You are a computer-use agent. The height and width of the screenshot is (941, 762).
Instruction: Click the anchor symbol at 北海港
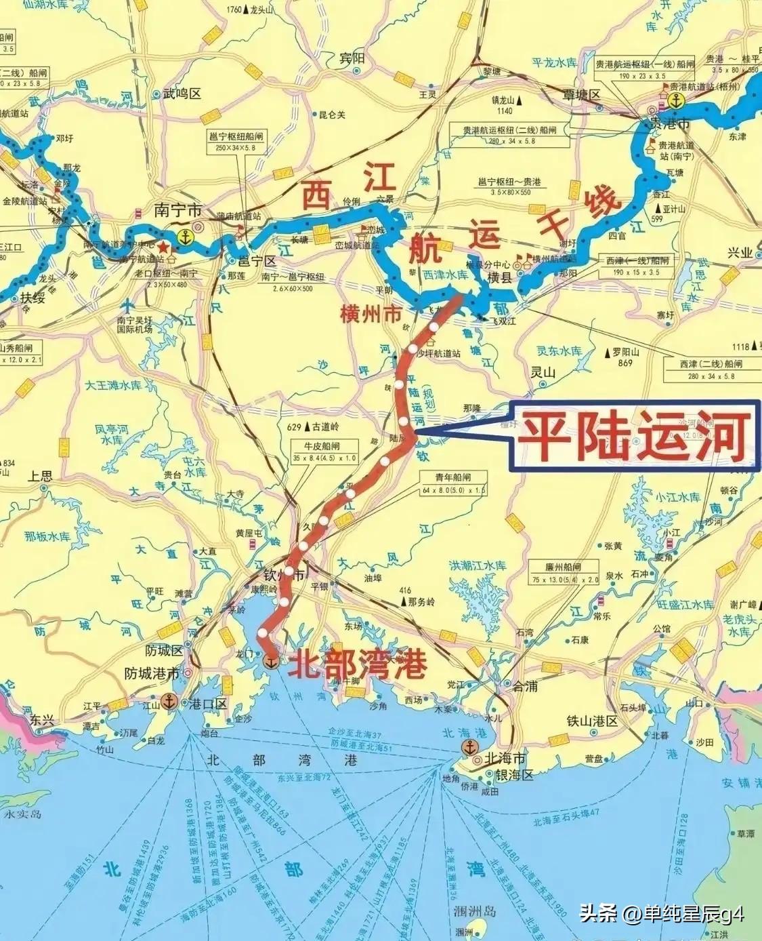[469, 748]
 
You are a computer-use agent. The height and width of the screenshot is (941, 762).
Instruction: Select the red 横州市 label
[371, 315]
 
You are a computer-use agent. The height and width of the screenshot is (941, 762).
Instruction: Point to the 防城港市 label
[152, 674]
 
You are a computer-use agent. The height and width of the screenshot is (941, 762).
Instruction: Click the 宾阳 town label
[352, 59]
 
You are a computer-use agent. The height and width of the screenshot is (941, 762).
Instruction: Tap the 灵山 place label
[543, 372]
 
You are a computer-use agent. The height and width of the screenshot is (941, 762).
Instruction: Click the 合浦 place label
[524, 686]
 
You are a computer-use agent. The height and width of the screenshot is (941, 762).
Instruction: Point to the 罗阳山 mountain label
[625, 353]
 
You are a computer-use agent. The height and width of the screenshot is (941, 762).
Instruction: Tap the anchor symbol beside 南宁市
[184, 237]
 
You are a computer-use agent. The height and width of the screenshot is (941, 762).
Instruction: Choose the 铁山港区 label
[592, 721]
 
